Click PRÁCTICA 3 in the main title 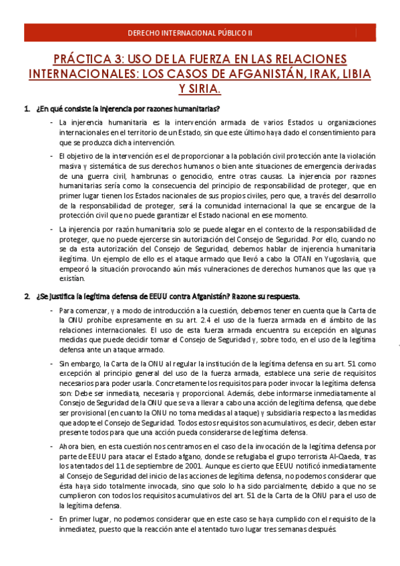click(x=79, y=59)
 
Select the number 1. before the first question click(x=27, y=109)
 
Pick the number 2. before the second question click(x=27, y=296)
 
